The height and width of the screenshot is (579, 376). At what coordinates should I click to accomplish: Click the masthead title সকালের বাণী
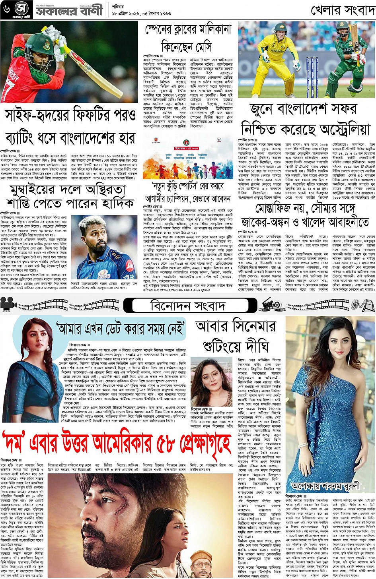tap(69, 10)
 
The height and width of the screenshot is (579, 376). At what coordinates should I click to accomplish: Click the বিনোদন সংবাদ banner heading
tap(188, 306)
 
